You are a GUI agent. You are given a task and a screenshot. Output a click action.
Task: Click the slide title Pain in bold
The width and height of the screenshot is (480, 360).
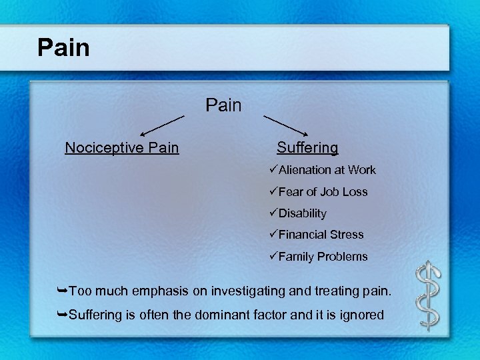point(63,47)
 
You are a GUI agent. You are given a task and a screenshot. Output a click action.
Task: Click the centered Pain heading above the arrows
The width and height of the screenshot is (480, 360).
point(224,105)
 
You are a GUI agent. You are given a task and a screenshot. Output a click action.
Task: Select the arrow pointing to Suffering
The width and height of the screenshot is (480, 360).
point(286,126)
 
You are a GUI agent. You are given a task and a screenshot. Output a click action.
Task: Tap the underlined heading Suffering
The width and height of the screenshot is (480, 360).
point(307,147)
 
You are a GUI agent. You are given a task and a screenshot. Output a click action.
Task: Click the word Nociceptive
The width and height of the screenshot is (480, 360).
point(98,147)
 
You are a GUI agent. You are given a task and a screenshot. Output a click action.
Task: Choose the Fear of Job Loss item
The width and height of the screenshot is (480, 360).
point(323,192)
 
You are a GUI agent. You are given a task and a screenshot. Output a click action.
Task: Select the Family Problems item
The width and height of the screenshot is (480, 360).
point(323,257)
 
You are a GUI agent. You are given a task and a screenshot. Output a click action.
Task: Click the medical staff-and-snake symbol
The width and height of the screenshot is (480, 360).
point(429,295)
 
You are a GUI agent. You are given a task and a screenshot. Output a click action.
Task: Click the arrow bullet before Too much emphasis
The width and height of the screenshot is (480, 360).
point(62,291)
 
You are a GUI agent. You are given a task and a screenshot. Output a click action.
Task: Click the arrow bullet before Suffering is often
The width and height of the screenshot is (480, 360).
point(62,315)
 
